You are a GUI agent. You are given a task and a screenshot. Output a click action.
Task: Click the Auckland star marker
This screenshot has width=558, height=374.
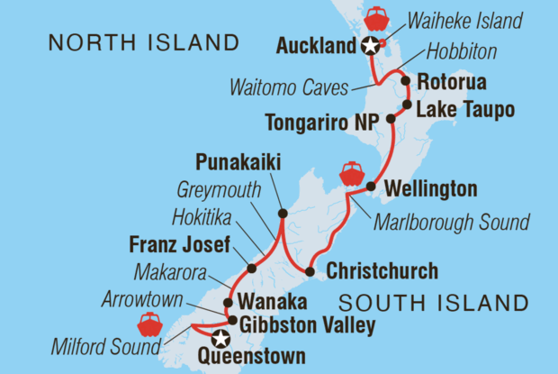pos(368,48)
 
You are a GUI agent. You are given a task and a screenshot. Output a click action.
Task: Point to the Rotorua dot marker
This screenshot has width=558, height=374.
pos(406,82)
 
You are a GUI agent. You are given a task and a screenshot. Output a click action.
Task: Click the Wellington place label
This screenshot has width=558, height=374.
pos(430,189)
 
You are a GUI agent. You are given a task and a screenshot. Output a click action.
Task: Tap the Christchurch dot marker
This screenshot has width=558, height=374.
pos(310,271)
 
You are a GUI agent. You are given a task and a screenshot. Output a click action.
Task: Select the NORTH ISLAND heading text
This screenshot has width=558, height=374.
pos(145,42)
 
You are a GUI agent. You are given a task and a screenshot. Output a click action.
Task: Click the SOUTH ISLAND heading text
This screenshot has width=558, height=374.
pos(449,301)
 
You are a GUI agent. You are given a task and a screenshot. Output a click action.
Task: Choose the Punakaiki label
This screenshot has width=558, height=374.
pos(236,163)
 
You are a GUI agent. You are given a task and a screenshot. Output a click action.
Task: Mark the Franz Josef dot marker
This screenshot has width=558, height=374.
pos(251,268)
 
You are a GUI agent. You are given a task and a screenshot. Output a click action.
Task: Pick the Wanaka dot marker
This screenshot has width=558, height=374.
pos(228,303)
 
